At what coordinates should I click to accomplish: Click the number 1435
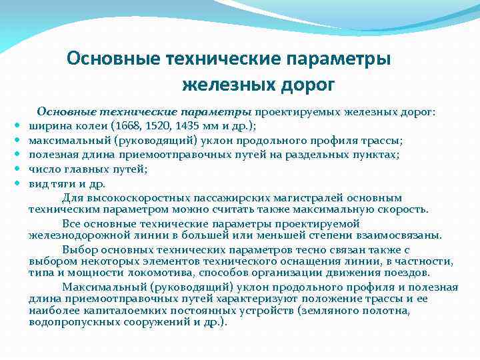pos(187,127)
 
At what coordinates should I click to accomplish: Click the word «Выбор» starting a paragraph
pos(79,248)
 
